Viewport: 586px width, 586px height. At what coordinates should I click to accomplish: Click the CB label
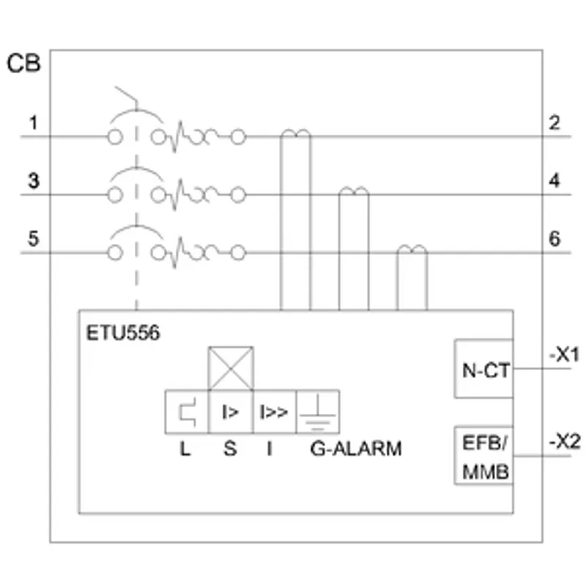[23, 63]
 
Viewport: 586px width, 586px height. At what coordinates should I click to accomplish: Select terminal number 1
[34, 123]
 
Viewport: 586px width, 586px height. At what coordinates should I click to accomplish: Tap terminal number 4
[555, 180]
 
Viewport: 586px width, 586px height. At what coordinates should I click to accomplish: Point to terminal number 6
[555, 239]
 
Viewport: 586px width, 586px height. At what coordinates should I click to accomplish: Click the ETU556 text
[123, 333]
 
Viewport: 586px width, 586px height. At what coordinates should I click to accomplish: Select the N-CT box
[484, 368]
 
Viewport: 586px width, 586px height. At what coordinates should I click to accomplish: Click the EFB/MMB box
[484, 456]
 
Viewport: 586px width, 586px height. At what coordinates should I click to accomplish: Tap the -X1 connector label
[564, 355]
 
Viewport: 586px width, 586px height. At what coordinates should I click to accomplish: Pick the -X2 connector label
[565, 442]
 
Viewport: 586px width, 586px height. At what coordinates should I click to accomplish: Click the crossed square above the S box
[231, 368]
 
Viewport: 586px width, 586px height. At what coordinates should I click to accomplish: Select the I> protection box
[231, 412]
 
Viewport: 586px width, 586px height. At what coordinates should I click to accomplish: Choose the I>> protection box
[275, 412]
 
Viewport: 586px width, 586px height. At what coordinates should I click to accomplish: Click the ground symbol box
[318, 412]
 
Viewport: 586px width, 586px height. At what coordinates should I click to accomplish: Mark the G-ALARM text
[356, 448]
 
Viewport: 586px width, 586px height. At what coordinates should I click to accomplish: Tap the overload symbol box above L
[187, 412]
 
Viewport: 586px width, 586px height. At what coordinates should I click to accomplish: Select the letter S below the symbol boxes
[230, 448]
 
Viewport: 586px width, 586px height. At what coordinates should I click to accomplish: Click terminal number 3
[34, 181]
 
